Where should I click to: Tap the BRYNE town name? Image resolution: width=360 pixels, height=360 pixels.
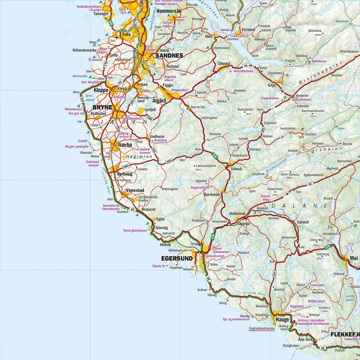(x=102, y=106)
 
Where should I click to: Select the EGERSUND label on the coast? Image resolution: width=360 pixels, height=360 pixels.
(x=177, y=259)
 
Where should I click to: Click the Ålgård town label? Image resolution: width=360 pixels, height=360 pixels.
(x=160, y=101)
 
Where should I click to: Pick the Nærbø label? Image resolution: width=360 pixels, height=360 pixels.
(x=125, y=145)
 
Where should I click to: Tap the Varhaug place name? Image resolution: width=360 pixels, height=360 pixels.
(x=124, y=174)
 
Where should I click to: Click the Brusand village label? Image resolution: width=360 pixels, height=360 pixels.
(x=148, y=209)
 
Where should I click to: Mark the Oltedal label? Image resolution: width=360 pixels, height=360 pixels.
(x=224, y=64)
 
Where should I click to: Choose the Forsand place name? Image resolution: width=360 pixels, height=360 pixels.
(x=248, y=29)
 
